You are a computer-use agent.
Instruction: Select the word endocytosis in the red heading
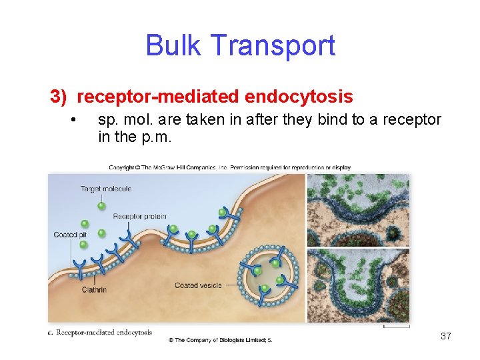pyautogui.click(x=299, y=97)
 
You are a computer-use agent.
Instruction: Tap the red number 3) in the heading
pyautogui.click(x=59, y=97)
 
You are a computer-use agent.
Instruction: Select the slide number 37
pyautogui.click(x=446, y=336)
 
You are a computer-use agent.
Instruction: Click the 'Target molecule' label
pyautogui.click(x=106, y=189)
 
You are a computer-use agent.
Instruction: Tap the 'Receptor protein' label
pyautogui.click(x=139, y=216)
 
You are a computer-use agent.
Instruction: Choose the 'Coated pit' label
pyautogui.click(x=71, y=235)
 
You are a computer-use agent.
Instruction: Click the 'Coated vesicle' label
pyautogui.click(x=197, y=285)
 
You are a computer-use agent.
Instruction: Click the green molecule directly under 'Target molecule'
pyautogui.click(x=101, y=205)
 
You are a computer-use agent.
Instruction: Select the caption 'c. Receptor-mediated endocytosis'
pyautogui.click(x=100, y=332)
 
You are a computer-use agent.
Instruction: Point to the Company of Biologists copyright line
pyautogui.click(x=220, y=340)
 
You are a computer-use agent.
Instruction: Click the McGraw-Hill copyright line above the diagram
pyautogui.click(x=230, y=167)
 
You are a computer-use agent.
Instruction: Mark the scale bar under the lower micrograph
pyautogui.click(x=396, y=327)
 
